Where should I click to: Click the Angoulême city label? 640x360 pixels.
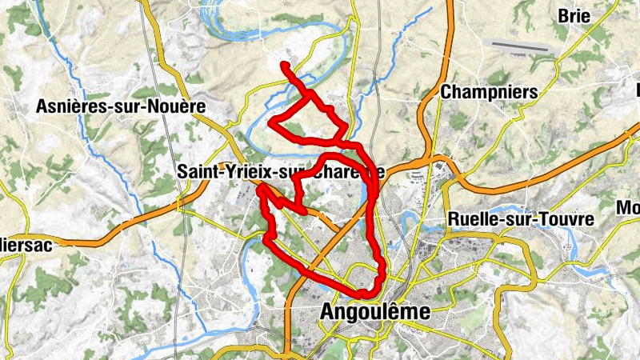click(374, 312)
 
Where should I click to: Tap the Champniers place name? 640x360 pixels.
click(489, 92)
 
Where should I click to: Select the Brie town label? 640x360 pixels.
click(574, 15)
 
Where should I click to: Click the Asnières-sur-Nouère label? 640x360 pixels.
click(121, 106)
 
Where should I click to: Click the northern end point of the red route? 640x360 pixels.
click(284, 64)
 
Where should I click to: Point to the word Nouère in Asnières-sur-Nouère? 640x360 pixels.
click(178, 106)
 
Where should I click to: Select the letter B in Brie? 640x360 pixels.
click(562, 15)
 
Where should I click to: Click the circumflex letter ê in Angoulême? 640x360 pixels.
click(405, 311)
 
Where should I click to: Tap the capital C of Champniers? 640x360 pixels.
click(446, 92)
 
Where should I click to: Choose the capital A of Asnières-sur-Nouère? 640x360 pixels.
click(42, 106)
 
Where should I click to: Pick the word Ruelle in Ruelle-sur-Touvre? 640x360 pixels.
click(473, 219)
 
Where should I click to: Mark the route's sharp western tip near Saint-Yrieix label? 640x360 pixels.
click(259, 190)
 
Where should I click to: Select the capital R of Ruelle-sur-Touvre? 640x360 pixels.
click(454, 219)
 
